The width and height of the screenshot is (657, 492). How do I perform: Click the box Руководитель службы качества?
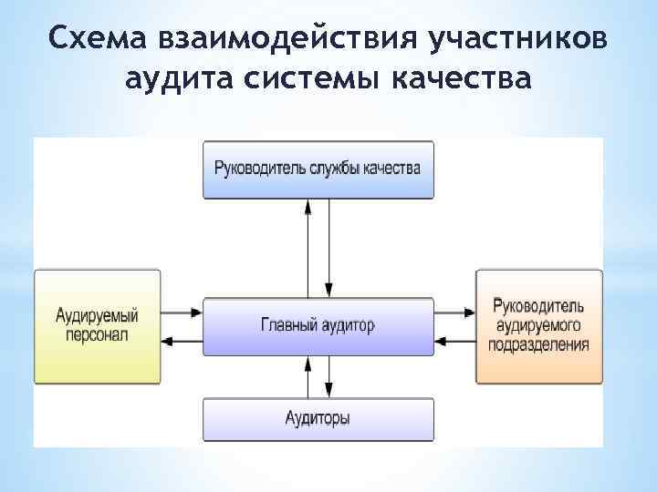point(318,169)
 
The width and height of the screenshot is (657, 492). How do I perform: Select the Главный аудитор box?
point(318,325)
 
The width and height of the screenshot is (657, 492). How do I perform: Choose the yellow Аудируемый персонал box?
point(97,325)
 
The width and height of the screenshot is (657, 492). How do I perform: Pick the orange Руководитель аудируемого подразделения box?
point(538,325)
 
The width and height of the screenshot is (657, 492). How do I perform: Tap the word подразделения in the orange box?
point(542,345)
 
